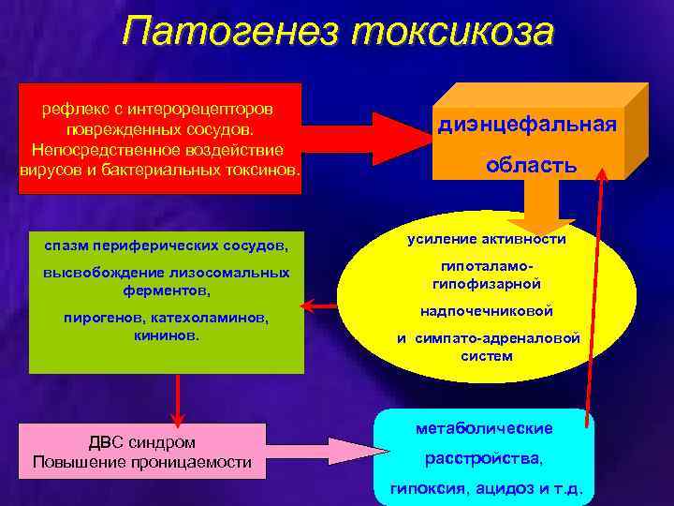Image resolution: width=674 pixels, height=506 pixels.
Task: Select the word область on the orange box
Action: (x=531, y=166)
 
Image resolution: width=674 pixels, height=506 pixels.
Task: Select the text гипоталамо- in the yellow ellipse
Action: (x=486, y=267)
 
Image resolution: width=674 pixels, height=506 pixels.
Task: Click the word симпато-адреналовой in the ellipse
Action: (x=506, y=338)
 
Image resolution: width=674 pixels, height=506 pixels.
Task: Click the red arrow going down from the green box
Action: (x=177, y=397)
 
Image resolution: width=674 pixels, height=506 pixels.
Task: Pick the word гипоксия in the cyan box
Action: (x=431, y=490)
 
